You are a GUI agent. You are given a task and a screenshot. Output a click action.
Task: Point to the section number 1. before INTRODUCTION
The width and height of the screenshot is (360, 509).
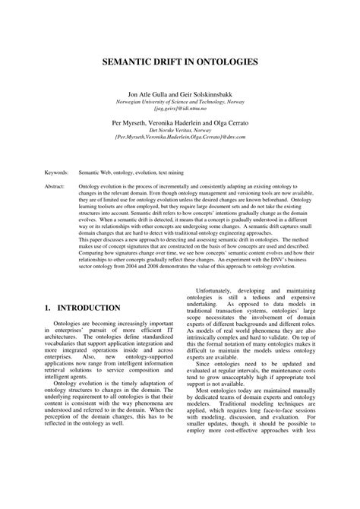click(x=47, y=308)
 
